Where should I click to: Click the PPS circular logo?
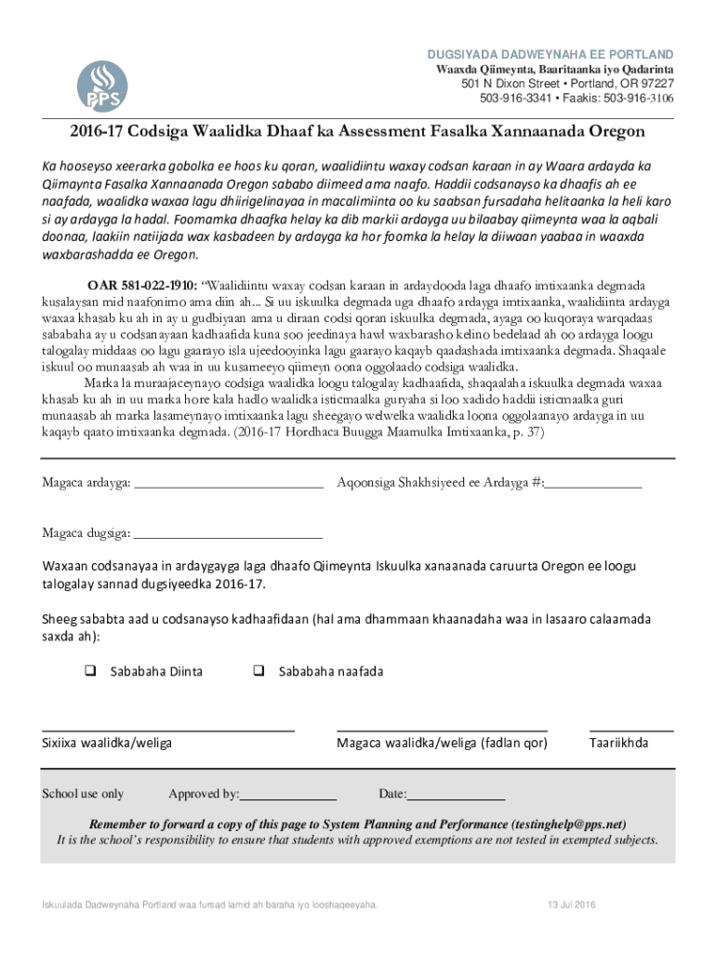pos(101,86)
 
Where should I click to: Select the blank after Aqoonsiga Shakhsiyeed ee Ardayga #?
pos(594,482)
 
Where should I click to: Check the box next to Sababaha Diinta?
pos(91,671)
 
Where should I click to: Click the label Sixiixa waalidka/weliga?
pos(106,743)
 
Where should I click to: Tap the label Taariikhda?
pos(618,743)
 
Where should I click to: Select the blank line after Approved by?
pos(288,795)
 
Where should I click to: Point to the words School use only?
pos(83,794)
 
